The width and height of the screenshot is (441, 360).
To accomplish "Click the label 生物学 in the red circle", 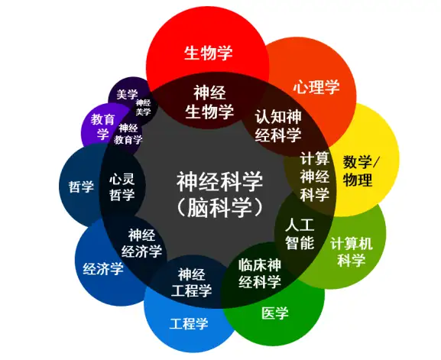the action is click(209, 52).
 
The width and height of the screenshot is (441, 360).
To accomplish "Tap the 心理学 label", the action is click(316, 86).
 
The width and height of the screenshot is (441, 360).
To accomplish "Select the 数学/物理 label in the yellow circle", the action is click(361, 170).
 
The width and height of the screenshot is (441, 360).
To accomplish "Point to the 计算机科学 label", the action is click(352, 251).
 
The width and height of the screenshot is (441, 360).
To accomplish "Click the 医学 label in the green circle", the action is click(275, 313).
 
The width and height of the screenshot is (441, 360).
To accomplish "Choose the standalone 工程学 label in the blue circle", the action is click(189, 323).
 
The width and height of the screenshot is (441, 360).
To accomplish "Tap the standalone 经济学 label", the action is click(103, 268).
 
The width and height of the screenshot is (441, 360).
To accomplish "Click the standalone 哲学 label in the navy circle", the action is click(81, 186).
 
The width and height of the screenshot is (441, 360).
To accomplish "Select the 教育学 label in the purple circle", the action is click(102, 126).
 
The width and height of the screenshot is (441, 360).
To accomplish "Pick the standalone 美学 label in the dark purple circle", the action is click(127, 94).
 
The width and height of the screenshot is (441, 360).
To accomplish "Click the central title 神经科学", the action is click(219, 181).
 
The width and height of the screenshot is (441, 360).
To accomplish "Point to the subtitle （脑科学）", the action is click(219, 208).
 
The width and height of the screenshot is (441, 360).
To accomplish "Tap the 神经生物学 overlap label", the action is click(209, 102).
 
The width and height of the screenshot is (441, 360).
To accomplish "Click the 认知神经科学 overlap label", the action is click(278, 125).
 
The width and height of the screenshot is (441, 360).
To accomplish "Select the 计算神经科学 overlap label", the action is click(314, 177).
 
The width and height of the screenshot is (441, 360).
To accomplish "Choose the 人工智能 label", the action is click(300, 235).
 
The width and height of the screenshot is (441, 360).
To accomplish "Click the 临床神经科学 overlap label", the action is click(260, 274).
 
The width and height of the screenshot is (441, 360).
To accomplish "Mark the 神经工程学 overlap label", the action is click(191, 283).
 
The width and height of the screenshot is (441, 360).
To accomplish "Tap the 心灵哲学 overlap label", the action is click(122, 186).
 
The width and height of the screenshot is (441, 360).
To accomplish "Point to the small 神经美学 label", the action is click(143, 107).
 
